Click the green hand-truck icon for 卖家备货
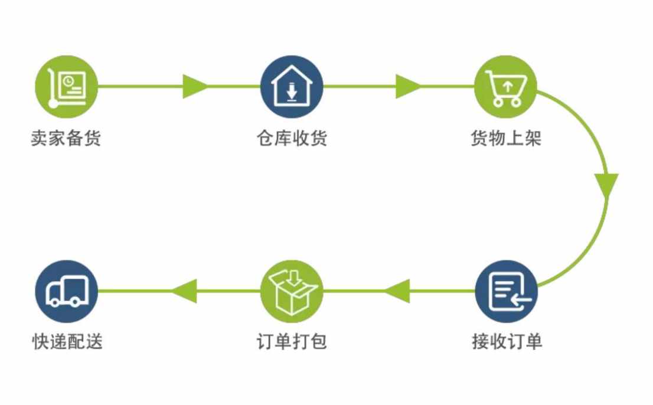coord(66,87)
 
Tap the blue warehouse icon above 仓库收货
coord(292,87)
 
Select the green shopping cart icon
coord(505,87)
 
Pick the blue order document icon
coord(507,292)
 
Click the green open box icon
coord(292,292)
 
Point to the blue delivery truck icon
coord(66,292)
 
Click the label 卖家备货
coord(66,138)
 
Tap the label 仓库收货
coord(292,138)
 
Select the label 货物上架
coord(506,138)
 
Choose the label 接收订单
coord(507,341)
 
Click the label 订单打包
coord(292,341)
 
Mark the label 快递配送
coord(67,341)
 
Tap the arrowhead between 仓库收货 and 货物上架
coord(408,87)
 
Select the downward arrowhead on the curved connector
coord(606,185)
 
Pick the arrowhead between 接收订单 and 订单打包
coord(396,291)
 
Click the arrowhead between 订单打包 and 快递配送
coord(184,291)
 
